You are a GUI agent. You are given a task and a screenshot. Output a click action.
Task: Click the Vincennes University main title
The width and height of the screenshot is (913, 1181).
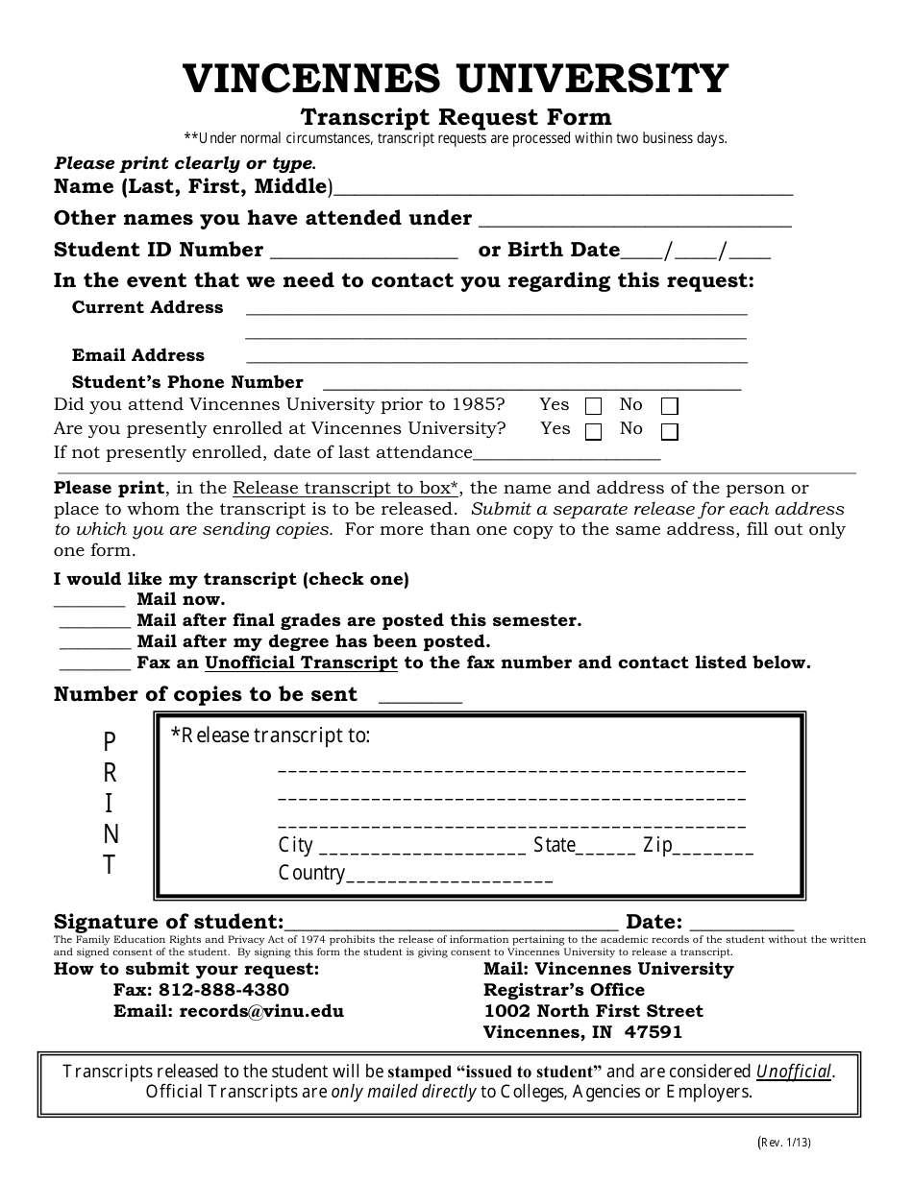[x=456, y=79]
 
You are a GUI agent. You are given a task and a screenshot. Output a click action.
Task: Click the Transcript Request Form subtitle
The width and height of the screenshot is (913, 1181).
[x=456, y=117]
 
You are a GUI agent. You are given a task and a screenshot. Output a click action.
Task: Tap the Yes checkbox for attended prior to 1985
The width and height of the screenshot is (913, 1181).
[x=594, y=406]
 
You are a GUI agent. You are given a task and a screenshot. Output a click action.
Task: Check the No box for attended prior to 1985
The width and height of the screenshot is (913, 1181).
[x=670, y=406]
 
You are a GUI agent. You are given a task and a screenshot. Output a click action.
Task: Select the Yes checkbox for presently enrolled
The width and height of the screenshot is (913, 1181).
[x=594, y=431]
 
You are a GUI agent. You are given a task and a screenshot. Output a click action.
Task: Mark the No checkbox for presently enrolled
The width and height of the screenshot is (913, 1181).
[x=670, y=431]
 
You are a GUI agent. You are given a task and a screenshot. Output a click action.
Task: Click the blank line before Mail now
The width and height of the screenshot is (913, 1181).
[x=89, y=603]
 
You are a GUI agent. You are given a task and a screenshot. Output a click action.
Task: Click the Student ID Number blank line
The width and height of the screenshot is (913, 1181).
[x=365, y=254]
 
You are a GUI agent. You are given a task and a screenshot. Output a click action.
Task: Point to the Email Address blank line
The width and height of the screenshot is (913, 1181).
[x=496, y=360]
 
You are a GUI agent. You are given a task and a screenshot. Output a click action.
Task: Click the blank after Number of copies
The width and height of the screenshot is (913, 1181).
[x=421, y=700]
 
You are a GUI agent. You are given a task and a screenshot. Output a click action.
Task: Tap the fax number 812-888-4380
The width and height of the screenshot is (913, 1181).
[x=224, y=990]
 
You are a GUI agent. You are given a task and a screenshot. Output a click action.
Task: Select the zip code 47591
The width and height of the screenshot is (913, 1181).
[x=654, y=1033]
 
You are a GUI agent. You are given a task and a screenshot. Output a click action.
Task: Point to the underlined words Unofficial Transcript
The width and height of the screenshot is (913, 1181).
[x=301, y=663]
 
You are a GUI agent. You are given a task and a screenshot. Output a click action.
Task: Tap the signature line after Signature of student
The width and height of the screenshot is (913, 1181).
[x=452, y=926]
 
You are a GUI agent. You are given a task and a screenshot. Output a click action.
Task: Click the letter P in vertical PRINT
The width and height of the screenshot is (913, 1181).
[x=110, y=740]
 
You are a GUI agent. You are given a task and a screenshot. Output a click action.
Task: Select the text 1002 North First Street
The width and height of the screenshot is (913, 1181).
[x=593, y=1011]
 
